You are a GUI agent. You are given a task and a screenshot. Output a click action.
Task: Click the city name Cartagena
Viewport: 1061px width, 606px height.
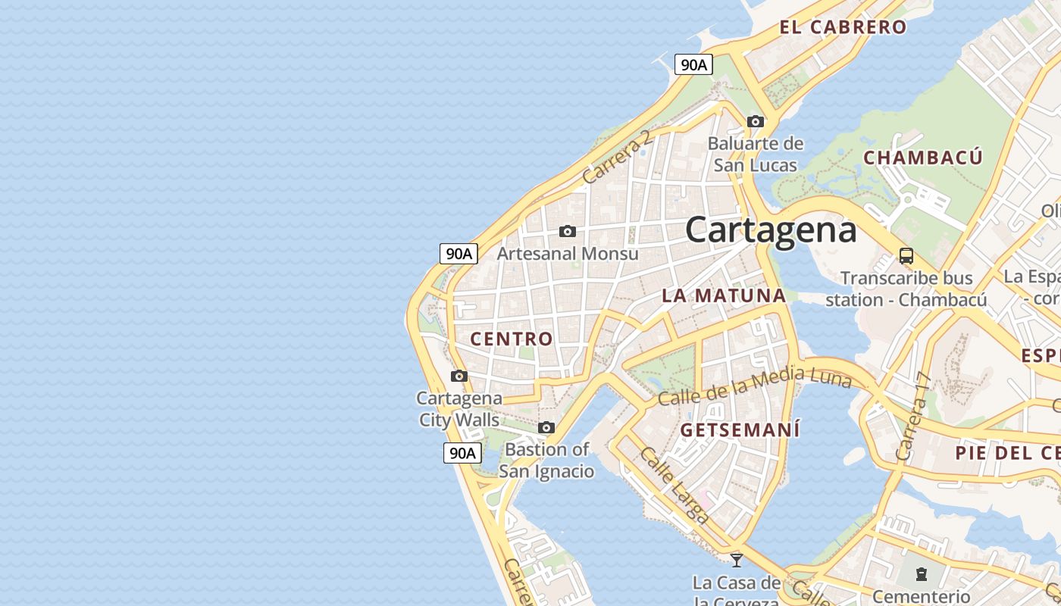pyautogui.click(x=771, y=230)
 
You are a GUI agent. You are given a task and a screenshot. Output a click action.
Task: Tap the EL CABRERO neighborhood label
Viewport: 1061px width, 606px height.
pyautogui.click(x=843, y=27)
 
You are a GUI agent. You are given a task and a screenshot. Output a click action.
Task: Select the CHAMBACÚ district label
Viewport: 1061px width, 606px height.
pyautogui.click(x=922, y=158)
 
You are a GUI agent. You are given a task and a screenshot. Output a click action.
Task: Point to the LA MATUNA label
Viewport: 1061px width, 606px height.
pyautogui.click(x=724, y=295)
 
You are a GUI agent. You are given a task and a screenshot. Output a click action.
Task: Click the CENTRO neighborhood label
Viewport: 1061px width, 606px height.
pyautogui.click(x=512, y=339)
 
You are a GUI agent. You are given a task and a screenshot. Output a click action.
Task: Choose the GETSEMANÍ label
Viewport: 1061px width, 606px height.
pyautogui.click(x=740, y=430)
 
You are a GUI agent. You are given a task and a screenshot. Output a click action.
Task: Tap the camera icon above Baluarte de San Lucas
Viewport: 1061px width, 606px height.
pyautogui.click(x=755, y=121)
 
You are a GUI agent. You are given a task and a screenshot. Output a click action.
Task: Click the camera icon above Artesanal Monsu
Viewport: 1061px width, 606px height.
pyautogui.click(x=567, y=231)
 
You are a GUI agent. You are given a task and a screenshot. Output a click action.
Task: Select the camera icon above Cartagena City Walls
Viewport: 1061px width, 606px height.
pyautogui.click(x=459, y=376)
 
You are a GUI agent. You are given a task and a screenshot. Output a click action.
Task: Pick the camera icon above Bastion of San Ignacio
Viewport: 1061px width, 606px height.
pyautogui.click(x=546, y=428)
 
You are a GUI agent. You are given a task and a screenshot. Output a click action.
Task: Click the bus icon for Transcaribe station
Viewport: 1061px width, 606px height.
pyautogui.click(x=906, y=255)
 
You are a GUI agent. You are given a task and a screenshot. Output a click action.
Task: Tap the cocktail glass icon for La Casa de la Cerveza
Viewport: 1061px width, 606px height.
pyautogui.click(x=736, y=561)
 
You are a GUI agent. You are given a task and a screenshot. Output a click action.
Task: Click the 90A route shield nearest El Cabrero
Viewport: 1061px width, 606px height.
pyautogui.click(x=693, y=65)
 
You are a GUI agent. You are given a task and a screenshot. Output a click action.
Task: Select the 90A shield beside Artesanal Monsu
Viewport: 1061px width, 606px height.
pyautogui.click(x=459, y=254)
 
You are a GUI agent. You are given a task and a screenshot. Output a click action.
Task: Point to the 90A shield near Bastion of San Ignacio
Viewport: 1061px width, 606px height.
pyautogui.click(x=462, y=453)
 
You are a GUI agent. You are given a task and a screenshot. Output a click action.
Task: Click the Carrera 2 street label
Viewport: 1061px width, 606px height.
pyautogui.click(x=618, y=157)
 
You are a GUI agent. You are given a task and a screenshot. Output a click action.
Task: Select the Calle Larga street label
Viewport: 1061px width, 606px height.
pyautogui.click(x=674, y=485)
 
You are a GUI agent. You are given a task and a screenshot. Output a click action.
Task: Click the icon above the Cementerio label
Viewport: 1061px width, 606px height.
pyautogui.click(x=921, y=574)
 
